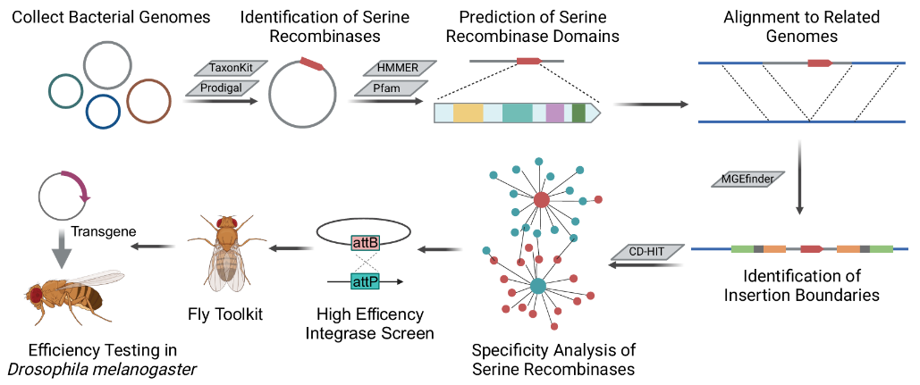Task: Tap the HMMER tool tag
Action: tap(397, 68)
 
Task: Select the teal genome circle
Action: tap(65, 89)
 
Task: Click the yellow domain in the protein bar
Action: tap(468, 113)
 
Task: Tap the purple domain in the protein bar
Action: tap(555, 113)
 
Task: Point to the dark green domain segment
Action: tap(579, 113)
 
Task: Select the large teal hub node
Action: tap(538, 287)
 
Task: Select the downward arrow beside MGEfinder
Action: tap(798, 178)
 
